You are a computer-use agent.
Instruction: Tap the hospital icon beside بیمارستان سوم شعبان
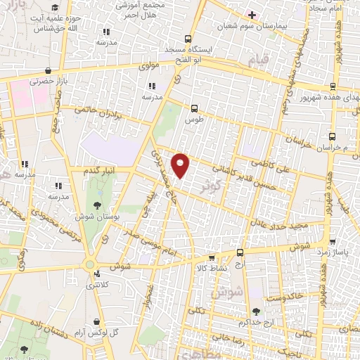coord(252,14)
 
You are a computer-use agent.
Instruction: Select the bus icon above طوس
coord(194,108)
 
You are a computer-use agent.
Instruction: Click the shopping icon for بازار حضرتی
coord(47,71)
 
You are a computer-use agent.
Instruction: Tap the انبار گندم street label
coord(99,170)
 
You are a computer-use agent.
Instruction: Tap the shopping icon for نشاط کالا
coord(211,257)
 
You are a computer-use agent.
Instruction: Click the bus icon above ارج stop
coord(240,252)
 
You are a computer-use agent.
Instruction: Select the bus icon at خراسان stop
coord(332,136)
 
